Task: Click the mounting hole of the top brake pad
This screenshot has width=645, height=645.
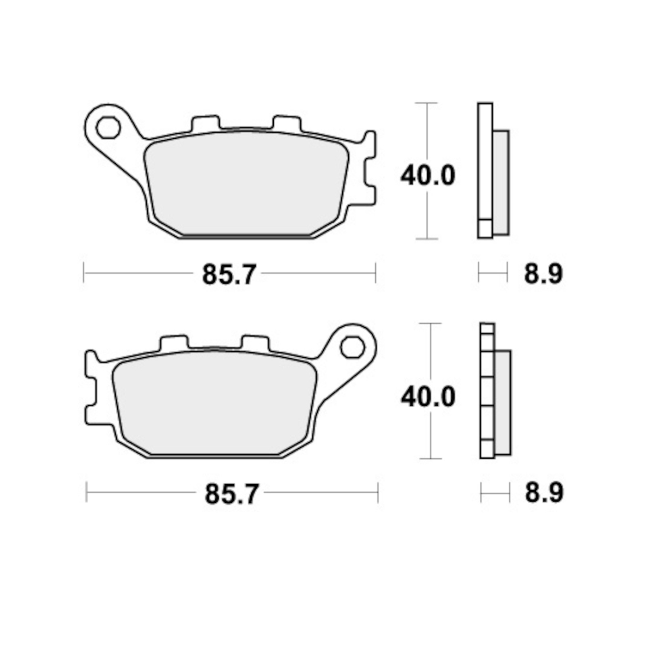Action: [108, 127]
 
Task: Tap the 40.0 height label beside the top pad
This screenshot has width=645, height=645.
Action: [427, 175]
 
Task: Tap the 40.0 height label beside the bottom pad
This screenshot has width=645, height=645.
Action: [428, 397]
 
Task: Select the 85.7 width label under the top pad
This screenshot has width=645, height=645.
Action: [229, 275]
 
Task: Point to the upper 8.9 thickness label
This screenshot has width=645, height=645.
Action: [543, 274]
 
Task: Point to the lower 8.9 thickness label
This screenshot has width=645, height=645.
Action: [544, 493]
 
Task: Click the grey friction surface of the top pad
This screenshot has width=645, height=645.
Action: [246, 183]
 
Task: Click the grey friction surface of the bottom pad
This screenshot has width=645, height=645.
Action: [214, 403]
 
